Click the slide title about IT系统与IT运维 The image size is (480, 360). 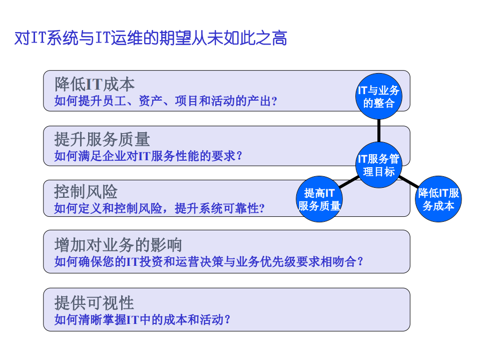pyautogui.click(x=151, y=38)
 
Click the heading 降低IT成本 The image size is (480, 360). pyautogui.click(x=95, y=84)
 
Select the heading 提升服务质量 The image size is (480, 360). pyautogui.click(x=102, y=139)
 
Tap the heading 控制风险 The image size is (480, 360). pyautogui.click(x=86, y=192)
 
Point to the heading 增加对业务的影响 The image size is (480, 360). pyautogui.click(x=118, y=245)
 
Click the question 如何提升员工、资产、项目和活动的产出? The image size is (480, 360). pyautogui.click(x=166, y=101)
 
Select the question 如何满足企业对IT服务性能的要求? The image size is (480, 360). pyautogui.click(x=148, y=156)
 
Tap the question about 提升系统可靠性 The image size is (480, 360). pyautogui.click(x=159, y=209)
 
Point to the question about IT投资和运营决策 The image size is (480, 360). pyautogui.click(x=209, y=261)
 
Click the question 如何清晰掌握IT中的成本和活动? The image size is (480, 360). pyautogui.click(x=142, y=319)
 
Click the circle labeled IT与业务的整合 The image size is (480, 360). pyautogui.click(x=379, y=97)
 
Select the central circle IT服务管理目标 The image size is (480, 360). pyautogui.click(x=379, y=165)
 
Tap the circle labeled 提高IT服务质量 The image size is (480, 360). pyautogui.click(x=319, y=199)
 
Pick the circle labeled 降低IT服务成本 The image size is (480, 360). pyautogui.click(x=439, y=199)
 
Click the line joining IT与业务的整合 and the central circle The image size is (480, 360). pyautogui.click(x=379, y=131)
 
